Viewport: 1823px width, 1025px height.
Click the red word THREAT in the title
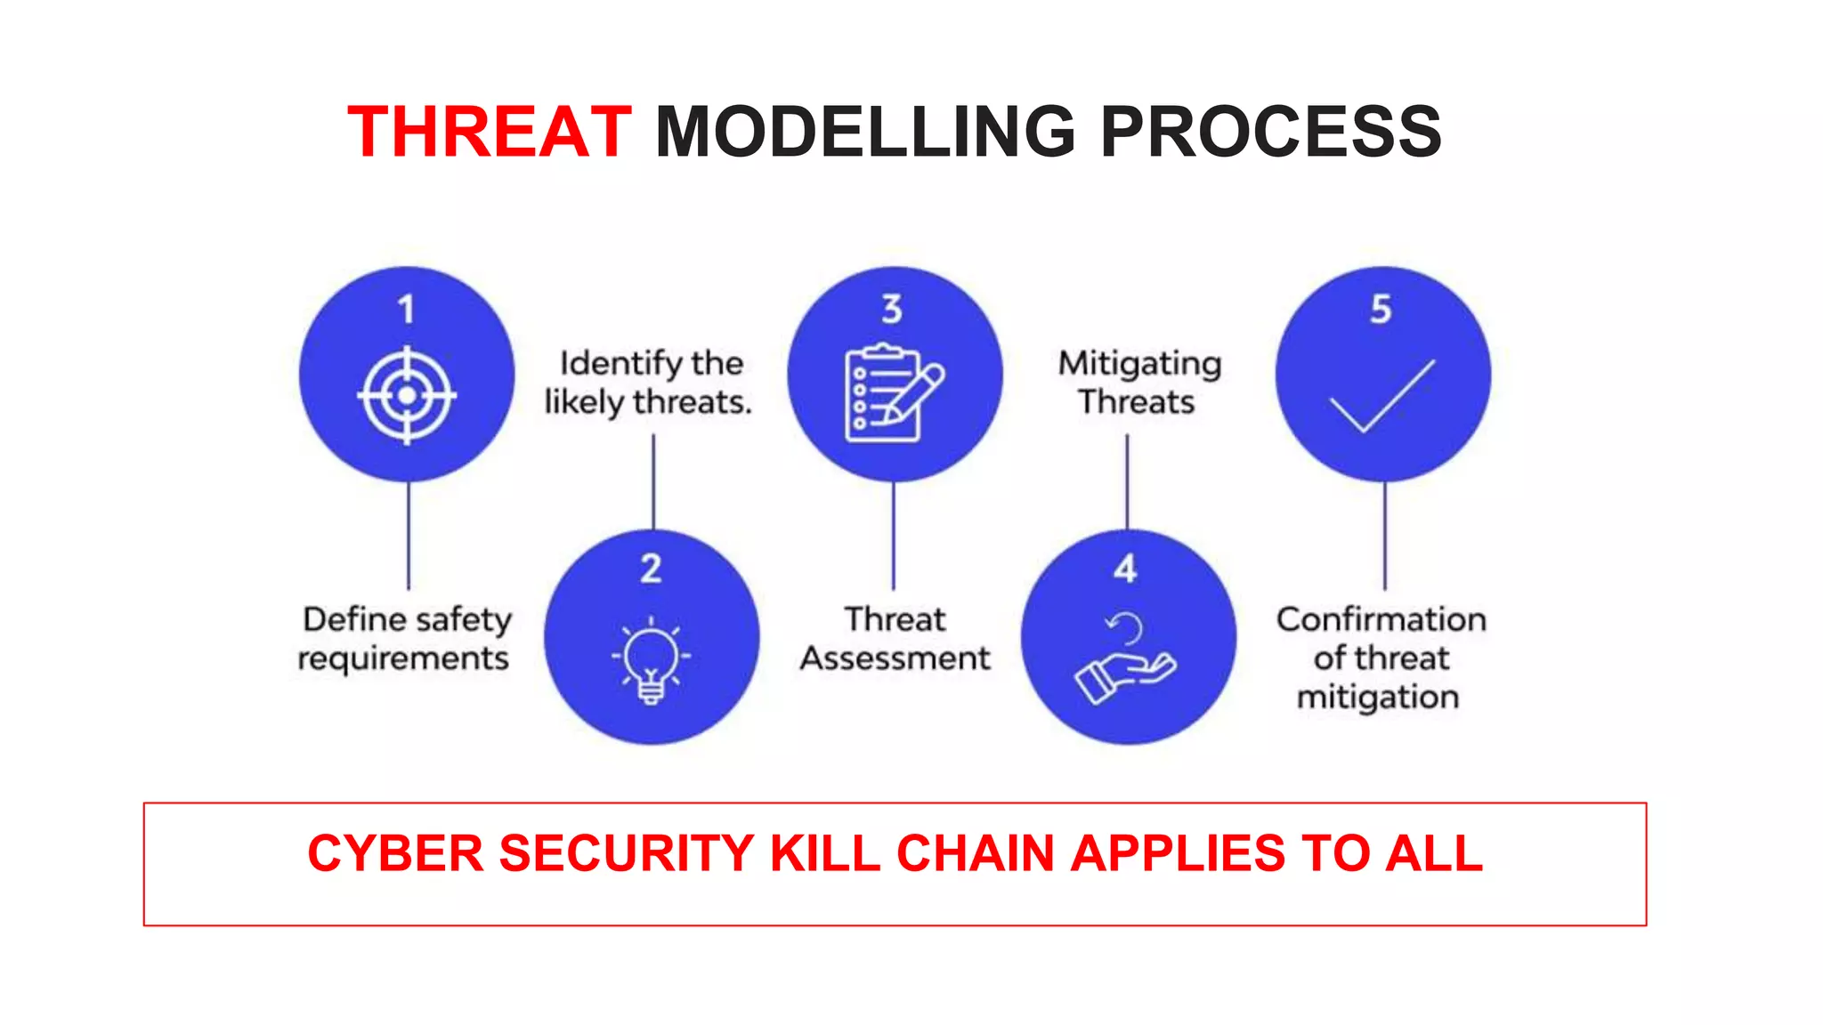(x=489, y=133)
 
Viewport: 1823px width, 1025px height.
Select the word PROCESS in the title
(x=1270, y=133)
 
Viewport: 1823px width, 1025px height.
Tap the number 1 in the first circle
(x=406, y=310)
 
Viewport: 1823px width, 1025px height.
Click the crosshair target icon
(x=407, y=395)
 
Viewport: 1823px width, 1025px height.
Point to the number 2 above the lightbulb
(x=651, y=569)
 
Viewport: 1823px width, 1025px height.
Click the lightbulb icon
(x=651, y=661)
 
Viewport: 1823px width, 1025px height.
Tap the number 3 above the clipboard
(x=892, y=310)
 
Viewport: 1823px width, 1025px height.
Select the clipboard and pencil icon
(x=893, y=392)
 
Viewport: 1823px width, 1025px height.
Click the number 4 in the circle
(x=1125, y=569)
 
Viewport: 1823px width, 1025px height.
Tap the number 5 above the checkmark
(x=1381, y=310)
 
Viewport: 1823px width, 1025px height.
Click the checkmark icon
(x=1382, y=397)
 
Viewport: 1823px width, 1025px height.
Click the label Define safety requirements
(x=406, y=639)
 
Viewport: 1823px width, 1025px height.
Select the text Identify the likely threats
(x=649, y=383)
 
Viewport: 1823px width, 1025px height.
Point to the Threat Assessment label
(x=895, y=639)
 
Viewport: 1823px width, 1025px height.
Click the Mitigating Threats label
(x=1138, y=383)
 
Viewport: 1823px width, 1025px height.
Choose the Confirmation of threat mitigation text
(x=1381, y=658)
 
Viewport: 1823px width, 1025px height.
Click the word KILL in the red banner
(x=824, y=853)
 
